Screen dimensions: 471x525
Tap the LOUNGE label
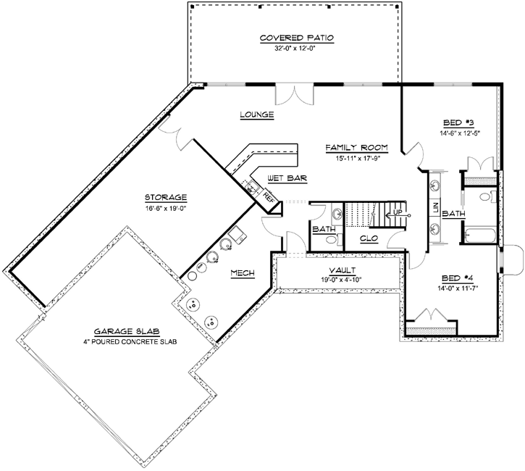(256, 114)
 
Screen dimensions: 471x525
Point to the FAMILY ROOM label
(356, 147)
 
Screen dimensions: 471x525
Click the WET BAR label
(284, 178)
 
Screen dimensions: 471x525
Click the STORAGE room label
(165, 196)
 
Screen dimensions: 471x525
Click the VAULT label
(340, 270)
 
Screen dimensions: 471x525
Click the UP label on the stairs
(397, 212)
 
